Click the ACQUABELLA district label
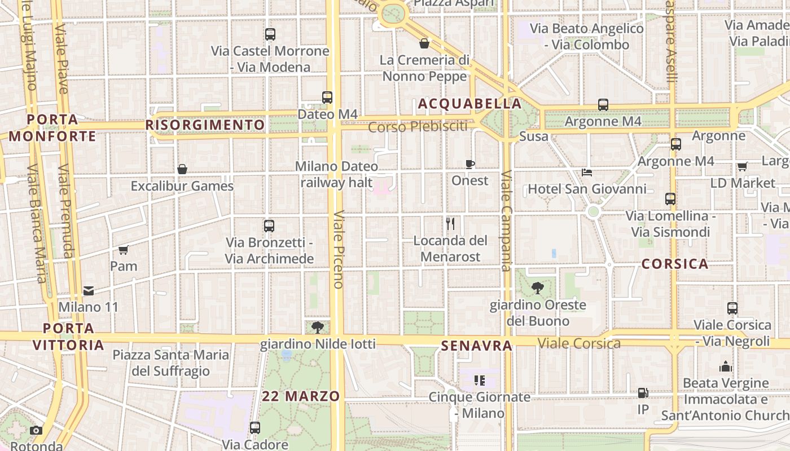coord(469,104)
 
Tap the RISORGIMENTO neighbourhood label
coord(205,125)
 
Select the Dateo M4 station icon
coord(327,97)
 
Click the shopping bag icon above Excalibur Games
coord(182,169)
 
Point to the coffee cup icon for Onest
coord(469,164)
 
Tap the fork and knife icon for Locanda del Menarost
coord(450,224)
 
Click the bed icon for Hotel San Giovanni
coord(587,172)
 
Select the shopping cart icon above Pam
coord(124,250)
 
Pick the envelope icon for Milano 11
coord(89,291)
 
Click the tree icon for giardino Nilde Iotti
coord(318,327)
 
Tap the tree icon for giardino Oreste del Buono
coord(538,288)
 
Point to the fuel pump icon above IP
coord(643,393)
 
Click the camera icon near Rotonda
coord(36,430)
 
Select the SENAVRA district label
coord(477,346)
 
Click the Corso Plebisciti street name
coord(418,127)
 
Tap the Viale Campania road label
coord(506,220)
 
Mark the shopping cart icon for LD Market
coord(742,166)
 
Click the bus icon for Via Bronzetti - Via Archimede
coord(269,226)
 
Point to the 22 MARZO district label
coord(301,396)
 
